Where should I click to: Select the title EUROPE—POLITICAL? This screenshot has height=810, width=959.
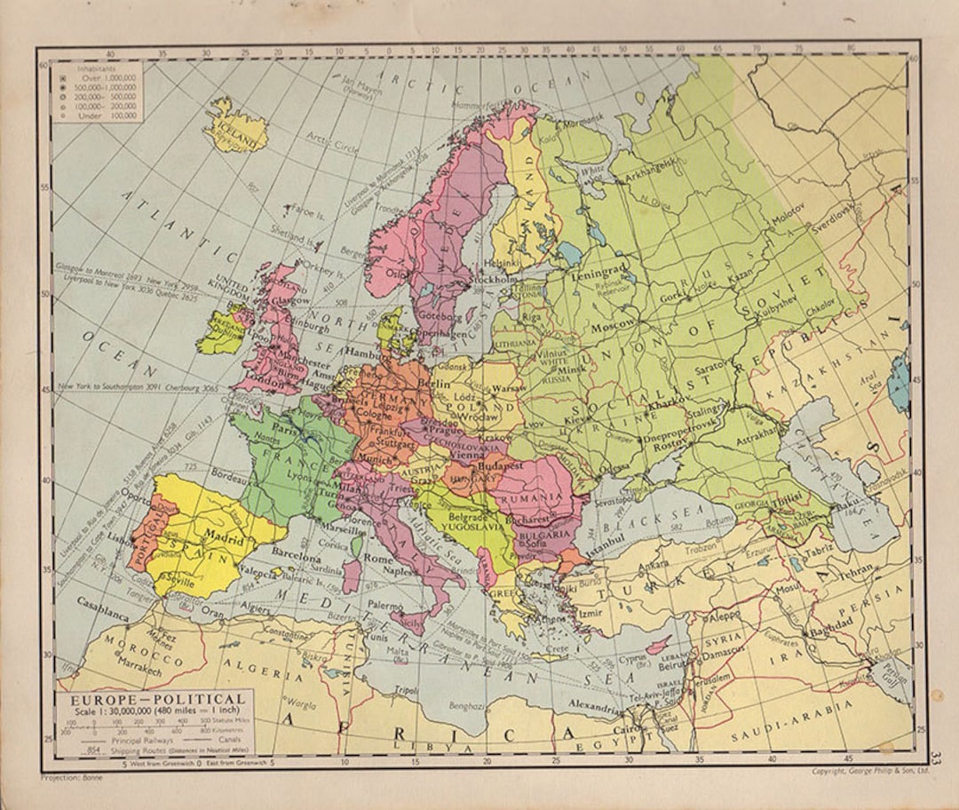151,698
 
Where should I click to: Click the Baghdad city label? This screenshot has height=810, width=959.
831,622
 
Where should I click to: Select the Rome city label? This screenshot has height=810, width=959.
378,560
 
